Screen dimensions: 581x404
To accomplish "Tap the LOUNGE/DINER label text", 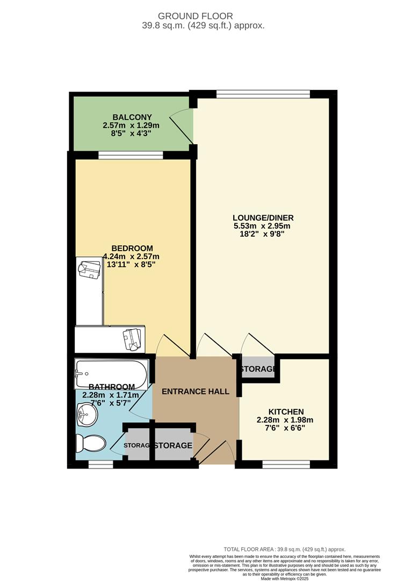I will point(263,218).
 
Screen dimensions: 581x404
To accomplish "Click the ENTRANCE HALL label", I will point(196,392).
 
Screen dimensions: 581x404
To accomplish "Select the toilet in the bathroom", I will point(89,444).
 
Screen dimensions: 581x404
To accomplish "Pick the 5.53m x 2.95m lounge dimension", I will point(263,226).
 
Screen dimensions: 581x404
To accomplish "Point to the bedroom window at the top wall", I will point(131,155).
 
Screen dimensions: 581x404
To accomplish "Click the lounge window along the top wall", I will point(263,94).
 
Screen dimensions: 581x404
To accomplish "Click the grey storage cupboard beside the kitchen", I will point(258,369).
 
